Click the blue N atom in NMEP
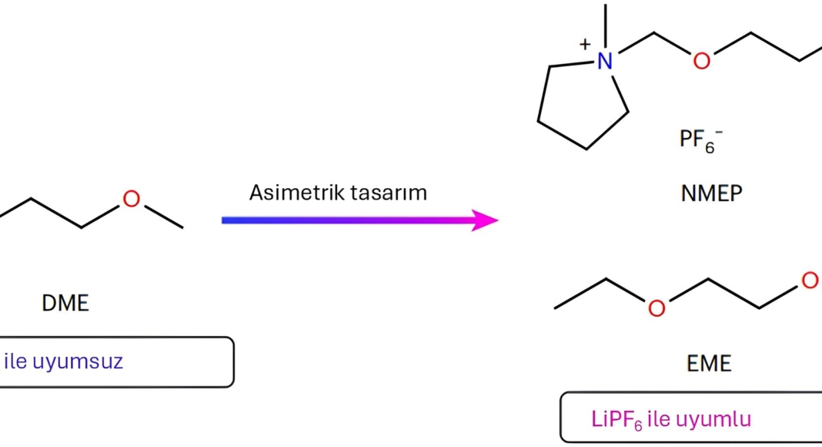click(x=605, y=61)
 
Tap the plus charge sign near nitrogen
click(x=585, y=45)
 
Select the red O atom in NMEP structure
click(x=701, y=61)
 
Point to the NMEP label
click(x=711, y=193)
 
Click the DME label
click(x=65, y=303)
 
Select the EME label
click(x=709, y=364)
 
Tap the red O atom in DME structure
click(x=131, y=199)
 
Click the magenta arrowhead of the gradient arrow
click(x=484, y=220)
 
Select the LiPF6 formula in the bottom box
click(x=616, y=420)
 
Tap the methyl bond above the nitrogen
click(x=606, y=26)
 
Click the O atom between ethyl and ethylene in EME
click(x=657, y=308)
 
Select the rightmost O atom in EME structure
click(x=810, y=281)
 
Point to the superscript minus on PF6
click(x=719, y=132)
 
